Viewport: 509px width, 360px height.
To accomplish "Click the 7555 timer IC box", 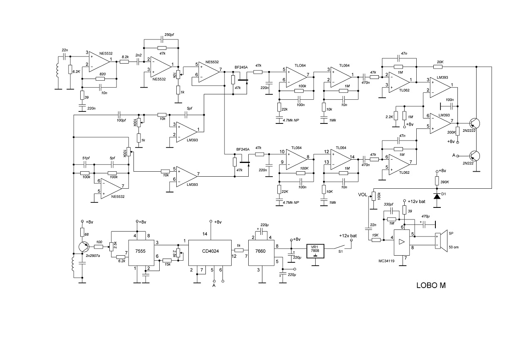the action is (x=141, y=253).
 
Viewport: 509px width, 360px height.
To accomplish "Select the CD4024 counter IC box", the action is (x=210, y=253).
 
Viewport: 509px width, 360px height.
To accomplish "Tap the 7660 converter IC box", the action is (x=261, y=253).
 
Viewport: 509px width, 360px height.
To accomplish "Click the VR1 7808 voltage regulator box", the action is (x=315, y=251).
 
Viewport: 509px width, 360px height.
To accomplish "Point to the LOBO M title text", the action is (x=431, y=286).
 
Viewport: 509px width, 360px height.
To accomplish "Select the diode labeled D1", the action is (x=437, y=196).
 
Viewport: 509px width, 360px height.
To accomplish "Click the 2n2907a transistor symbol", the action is (x=84, y=247).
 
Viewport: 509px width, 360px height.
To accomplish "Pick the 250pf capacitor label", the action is (x=169, y=35).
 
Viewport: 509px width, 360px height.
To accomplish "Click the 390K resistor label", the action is (x=445, y=182).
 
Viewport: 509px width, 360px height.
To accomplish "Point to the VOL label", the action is (x=363, y=195).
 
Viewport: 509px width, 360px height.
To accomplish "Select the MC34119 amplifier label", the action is (x=386, y=261).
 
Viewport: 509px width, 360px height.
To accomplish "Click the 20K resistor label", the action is (x=440, y=62).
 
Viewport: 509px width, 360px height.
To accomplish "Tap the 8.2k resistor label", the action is (x=125, y=57).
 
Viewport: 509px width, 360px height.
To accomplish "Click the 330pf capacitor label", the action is (x=388, y=204).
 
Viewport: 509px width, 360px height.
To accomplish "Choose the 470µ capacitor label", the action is (x=425, y=216).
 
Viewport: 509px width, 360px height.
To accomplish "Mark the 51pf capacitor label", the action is (x=86, y=158).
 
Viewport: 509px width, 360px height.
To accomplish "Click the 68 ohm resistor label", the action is (x=86, y=234).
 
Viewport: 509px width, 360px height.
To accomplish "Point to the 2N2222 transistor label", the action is (x=469, y=131).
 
